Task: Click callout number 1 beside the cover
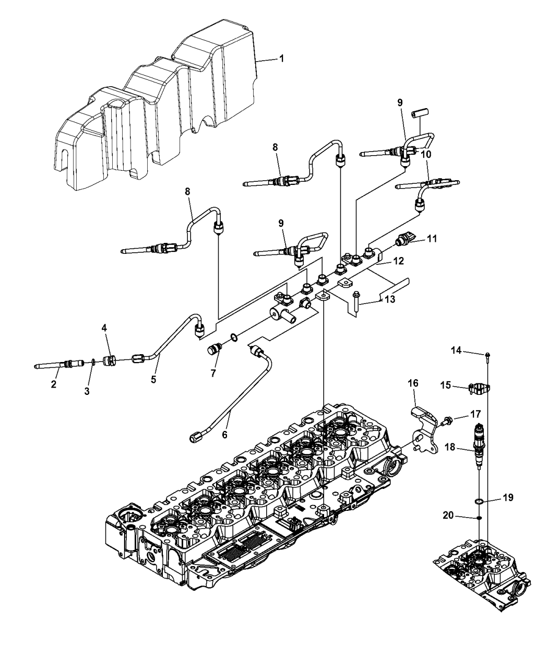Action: point(281,59)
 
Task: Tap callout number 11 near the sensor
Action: point(432,239)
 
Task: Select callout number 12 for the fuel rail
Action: point(399,261)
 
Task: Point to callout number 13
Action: point(390,299)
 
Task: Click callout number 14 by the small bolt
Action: point(456,350)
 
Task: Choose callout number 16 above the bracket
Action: point(413,383)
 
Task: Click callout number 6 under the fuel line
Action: point(225,434)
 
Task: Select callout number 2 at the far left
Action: point(54,384)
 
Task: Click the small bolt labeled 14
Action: point(488,357)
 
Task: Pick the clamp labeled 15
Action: point(480,389)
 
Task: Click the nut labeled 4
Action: point(110,361)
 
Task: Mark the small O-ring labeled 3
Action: point(93,362)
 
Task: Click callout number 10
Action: point(426,155)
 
